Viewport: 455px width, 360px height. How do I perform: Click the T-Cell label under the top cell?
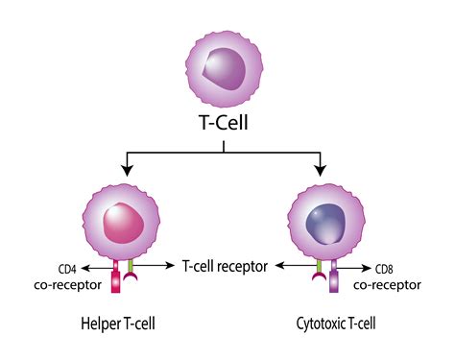point(225,125)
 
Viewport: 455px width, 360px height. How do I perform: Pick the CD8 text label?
point(384,270)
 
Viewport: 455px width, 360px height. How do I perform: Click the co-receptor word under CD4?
point(68,285)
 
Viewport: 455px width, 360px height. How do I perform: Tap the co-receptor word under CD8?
point(388,285)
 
